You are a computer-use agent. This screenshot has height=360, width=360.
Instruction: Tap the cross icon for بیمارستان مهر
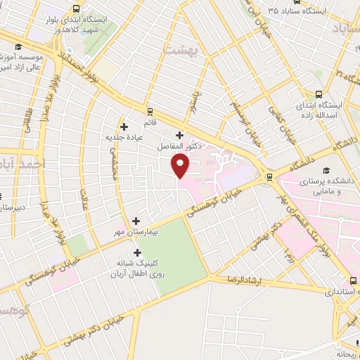point(136,221)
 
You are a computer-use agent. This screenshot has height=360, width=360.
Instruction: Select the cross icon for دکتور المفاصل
point(179,135)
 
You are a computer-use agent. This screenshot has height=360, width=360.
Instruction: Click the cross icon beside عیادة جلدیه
point(124,127)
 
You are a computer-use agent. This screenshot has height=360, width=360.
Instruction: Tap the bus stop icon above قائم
point(150,110)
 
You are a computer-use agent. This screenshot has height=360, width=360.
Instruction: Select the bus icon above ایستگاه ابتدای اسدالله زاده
point(319,94)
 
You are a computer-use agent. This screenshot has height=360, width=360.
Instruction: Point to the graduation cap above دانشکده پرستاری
point(326,171)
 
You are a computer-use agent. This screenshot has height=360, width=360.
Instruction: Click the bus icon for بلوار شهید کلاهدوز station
point(76,10)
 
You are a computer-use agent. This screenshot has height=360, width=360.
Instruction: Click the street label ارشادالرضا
point(245,280)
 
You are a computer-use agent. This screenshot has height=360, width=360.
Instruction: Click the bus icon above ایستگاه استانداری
point(340,278)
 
